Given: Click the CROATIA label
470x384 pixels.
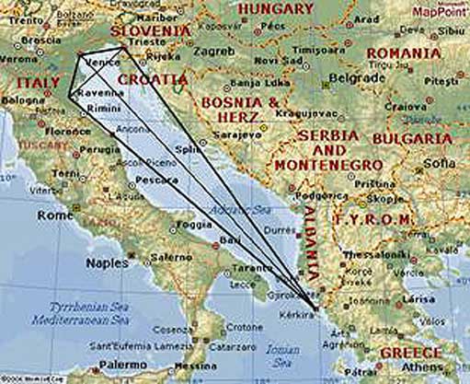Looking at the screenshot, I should coord(155,80).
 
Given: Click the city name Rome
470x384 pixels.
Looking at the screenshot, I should coord(54,215).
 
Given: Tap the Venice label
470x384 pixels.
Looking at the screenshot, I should coord(99,63).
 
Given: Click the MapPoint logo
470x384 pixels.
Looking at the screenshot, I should coord(441,12).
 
